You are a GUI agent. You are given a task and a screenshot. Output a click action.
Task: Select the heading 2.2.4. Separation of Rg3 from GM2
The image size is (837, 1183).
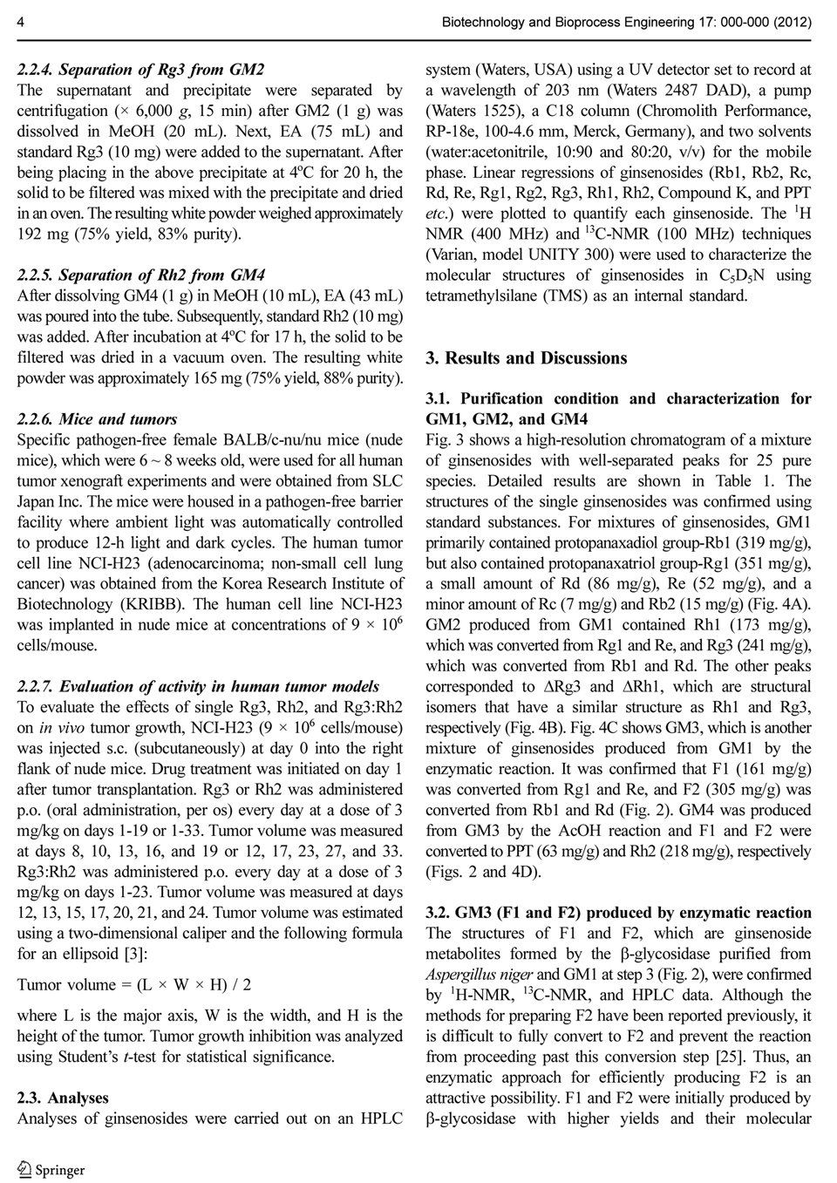click(x=140, y=69)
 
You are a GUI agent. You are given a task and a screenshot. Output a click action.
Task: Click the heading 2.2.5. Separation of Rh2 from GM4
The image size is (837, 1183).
click(x=140, y=275)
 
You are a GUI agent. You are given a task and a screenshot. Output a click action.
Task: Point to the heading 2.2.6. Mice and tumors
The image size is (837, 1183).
click(x=97, y=418)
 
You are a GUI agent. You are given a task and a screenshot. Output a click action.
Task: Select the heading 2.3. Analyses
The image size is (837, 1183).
click(x=63, y=1098)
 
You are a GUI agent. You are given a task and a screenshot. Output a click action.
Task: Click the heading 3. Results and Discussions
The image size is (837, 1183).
click(x=526, y=357)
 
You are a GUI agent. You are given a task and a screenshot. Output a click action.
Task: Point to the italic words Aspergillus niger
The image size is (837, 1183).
click(x=479, y=974)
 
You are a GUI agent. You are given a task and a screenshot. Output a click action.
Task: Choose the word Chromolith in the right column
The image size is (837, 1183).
click(x=665, y=111)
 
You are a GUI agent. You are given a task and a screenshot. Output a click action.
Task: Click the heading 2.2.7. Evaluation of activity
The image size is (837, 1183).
click(x=198, y=686)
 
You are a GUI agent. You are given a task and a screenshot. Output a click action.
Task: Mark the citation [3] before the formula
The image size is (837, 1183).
click(x=136, y=954)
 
